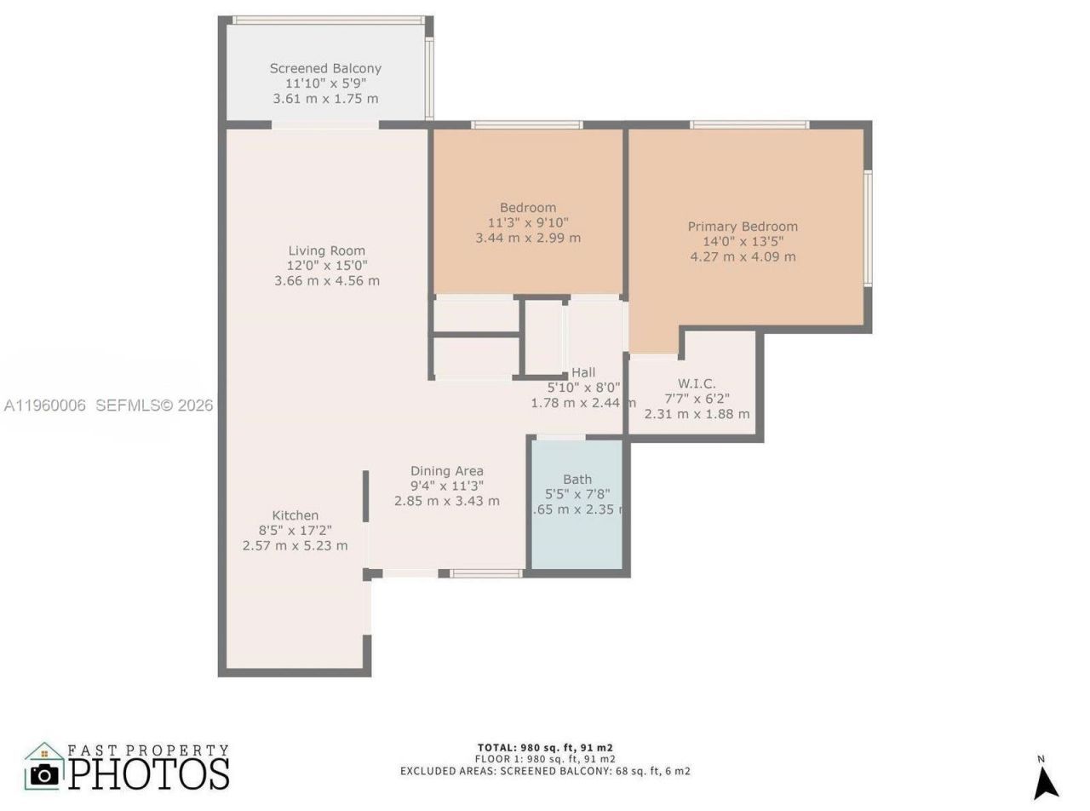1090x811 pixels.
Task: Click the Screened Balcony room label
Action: [x=325, y=68]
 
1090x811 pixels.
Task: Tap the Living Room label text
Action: [x=326, y=250]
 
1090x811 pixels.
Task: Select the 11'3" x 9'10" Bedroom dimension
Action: [x=528, y=222]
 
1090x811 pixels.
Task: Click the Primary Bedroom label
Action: [x=743, y=227]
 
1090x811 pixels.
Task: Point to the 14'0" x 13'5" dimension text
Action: [x=743, y=242]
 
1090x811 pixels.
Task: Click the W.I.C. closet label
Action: [x=697, y=383]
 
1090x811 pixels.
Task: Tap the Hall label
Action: [x=583, y=372]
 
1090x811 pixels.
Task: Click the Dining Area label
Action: [x=446, y=471]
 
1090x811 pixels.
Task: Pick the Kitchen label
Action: [x=295, y=515]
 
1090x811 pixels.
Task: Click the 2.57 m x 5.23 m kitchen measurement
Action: [x=295, y=545]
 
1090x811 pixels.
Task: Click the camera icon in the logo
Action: [x=43, y=774]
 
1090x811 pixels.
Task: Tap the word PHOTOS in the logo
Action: [x=148, y=774]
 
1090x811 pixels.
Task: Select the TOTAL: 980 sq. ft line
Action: [x=545, y=747]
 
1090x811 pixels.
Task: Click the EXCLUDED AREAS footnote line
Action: [x=545, y=771]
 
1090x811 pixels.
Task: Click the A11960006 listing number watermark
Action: [x=44, y=405]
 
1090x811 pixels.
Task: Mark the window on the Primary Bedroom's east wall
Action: [x=868, y=228]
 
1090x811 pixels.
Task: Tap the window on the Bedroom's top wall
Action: [x=527, y=125]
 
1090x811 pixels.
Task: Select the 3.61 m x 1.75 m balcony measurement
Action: [x=325, y=99]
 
